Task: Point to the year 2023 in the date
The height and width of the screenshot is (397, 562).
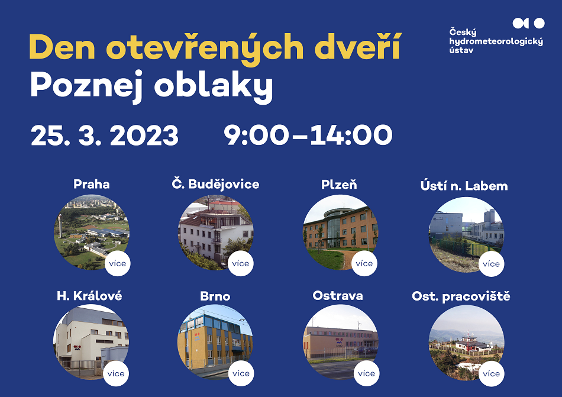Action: pos(144,135)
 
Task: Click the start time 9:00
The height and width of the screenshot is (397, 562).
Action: pos(256,135)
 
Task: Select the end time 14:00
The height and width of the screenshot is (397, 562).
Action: pos(351,135)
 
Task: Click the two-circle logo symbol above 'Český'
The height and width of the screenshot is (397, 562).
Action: pos(529,23)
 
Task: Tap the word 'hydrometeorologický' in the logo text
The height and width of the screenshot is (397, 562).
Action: pos(496,42)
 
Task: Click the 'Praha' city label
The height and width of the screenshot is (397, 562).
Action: pos(91,184)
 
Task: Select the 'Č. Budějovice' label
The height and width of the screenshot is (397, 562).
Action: pos(215,184)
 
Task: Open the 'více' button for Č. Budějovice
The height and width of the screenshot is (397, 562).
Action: pos(241,263)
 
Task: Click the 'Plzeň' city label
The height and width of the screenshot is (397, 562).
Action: pos(339,185)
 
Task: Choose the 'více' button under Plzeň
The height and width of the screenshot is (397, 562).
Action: pos(364,263)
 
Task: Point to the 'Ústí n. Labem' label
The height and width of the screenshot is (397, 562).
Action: pos(464,186)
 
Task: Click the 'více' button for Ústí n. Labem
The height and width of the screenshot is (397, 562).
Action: pos(491,264)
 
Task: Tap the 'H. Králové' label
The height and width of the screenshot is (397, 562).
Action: pos(89,296)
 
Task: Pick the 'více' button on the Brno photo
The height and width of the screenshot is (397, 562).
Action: pos(241,373)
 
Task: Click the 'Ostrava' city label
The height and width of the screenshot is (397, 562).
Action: pos(338,296)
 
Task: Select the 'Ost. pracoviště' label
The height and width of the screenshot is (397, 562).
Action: pos(461,296)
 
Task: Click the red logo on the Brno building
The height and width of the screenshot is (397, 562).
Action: pos(197,336)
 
